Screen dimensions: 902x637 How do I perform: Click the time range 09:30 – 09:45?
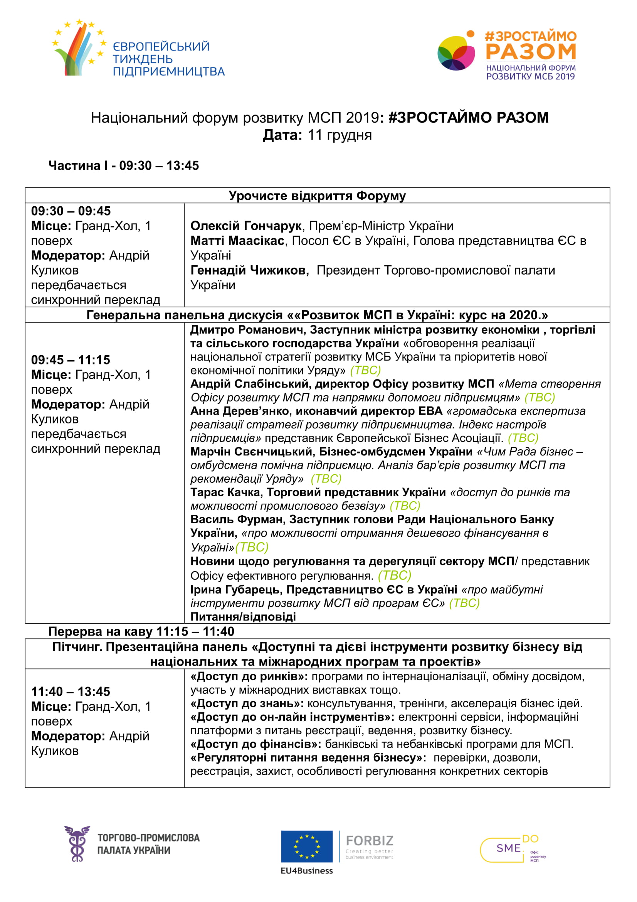pos(71,211)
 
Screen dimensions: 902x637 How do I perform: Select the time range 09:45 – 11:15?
pos(71,359)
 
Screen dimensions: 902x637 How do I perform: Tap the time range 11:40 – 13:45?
pos(71,691)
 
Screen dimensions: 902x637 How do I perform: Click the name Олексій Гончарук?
pos(246,226)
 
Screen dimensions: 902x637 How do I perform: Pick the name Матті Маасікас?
pos(237,240)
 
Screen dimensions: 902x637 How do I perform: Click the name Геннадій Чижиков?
pos(249,270)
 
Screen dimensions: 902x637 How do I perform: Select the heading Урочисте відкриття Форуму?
pos(317,195)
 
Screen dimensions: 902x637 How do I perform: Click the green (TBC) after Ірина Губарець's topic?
pos(464,603)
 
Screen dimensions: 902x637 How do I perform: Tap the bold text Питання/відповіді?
pos(243,616)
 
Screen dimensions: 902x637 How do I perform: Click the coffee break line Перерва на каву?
pos(141,631)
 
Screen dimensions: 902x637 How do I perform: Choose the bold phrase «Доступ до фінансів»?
pos(255,744)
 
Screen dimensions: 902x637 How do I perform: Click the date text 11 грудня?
pos(340,135)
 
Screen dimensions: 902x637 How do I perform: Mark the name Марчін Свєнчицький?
pos(251,452)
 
